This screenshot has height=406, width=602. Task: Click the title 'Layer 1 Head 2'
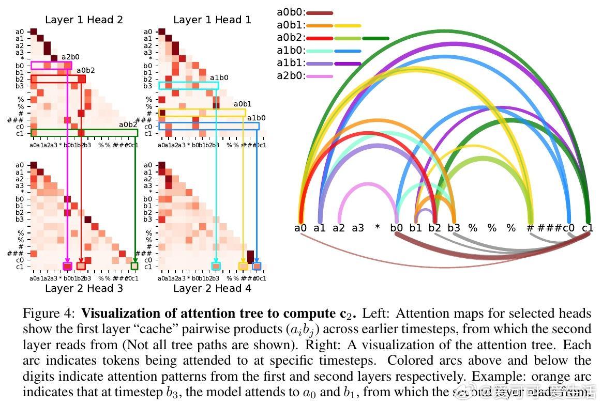[x=84, y=20]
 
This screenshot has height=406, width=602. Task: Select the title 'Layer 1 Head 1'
[x=212, y=20]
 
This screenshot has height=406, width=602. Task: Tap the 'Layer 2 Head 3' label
[x=84, y=288]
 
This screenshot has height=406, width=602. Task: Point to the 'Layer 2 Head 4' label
[x=212, y=288]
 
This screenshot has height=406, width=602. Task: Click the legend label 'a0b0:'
[x=291, y=12]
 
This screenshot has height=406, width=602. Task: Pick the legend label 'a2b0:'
[x=291, y=76]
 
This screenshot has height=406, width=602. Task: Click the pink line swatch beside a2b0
[x=320, y=76]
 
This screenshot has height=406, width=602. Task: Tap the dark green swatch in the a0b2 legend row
[x=376, y=38]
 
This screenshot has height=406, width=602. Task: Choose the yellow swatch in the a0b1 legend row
[x=348, y=25]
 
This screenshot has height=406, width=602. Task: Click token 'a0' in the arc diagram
[x=300, y=228]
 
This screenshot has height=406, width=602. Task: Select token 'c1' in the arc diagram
[x=588, y=228]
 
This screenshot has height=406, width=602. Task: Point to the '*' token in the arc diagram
[x=377, y=228]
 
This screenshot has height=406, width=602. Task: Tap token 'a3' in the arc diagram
[x=358, y=228]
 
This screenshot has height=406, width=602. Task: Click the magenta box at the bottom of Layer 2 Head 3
[x=67, y=266]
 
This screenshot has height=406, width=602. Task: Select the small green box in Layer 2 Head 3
[x=134, y=266]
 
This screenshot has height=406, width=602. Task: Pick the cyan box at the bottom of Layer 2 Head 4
[x=216, y=266]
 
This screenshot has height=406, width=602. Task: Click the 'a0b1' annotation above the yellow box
[x=243, y=104]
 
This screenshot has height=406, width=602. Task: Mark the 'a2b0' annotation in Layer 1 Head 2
[x=71, y=57]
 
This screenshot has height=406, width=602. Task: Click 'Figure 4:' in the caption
[x=50, y=314]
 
